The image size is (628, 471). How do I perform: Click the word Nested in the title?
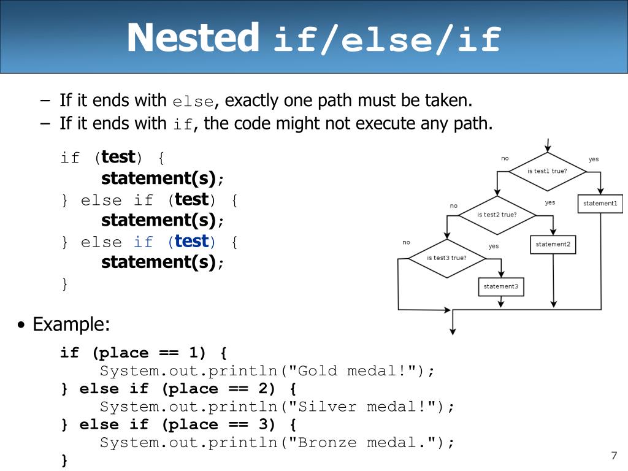point(193,37)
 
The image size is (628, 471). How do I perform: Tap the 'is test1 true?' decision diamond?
point(548,172)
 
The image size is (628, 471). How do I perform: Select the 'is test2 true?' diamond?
point(497,215)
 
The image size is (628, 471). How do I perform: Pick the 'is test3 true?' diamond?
point(447,258)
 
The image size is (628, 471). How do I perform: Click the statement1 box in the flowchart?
point(600,204)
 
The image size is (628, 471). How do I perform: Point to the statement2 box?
point(553,244)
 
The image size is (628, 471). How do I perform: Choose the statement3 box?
point(501,287)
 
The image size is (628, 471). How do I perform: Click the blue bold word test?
point(192,241)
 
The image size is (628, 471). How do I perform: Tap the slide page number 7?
point(614,456)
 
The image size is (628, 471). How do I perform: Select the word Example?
point(71,324)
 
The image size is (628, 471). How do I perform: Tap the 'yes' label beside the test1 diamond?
point(594,159)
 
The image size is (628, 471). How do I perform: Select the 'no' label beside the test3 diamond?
point(406,242)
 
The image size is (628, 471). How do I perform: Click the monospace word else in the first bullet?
point(193,102)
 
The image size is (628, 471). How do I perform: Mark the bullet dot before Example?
point(21,324)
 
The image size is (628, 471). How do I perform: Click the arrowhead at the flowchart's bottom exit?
point(453,331)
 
